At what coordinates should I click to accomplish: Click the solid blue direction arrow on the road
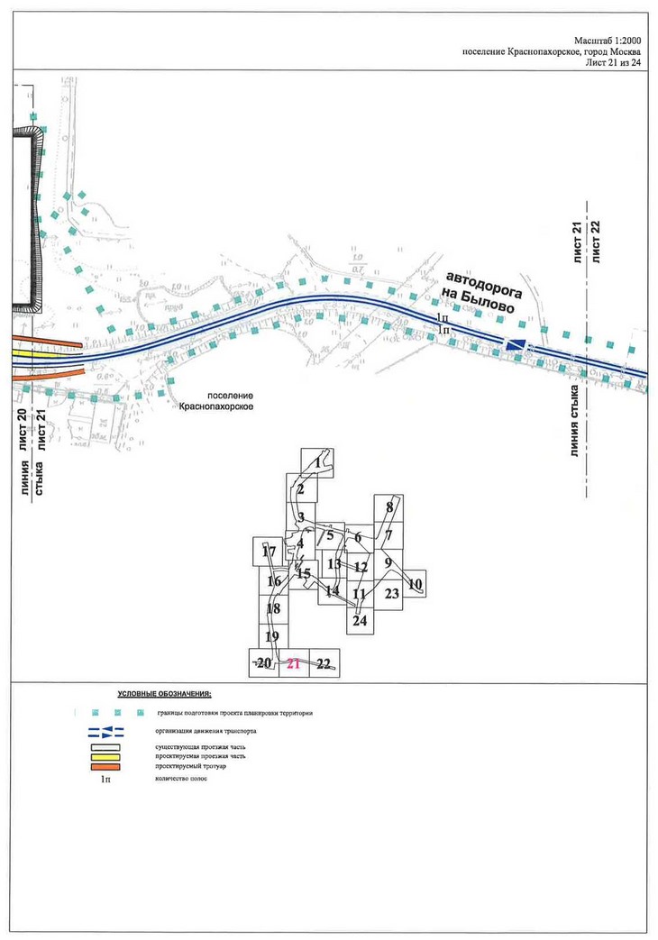(516, 344)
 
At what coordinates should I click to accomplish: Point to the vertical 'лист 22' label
(595, 241)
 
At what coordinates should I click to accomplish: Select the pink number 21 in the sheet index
(293, 664)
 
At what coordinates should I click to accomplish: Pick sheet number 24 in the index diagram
(361, 621)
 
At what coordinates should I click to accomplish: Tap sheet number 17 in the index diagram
(268, 551)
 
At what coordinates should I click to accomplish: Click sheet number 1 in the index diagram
(318, 461)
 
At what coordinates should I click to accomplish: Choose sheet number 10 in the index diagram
(416, 584)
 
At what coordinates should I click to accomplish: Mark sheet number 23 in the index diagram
(391, 594)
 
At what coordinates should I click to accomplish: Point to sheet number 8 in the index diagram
(389, 507)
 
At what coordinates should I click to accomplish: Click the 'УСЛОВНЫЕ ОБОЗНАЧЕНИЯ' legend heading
(164, 695)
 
